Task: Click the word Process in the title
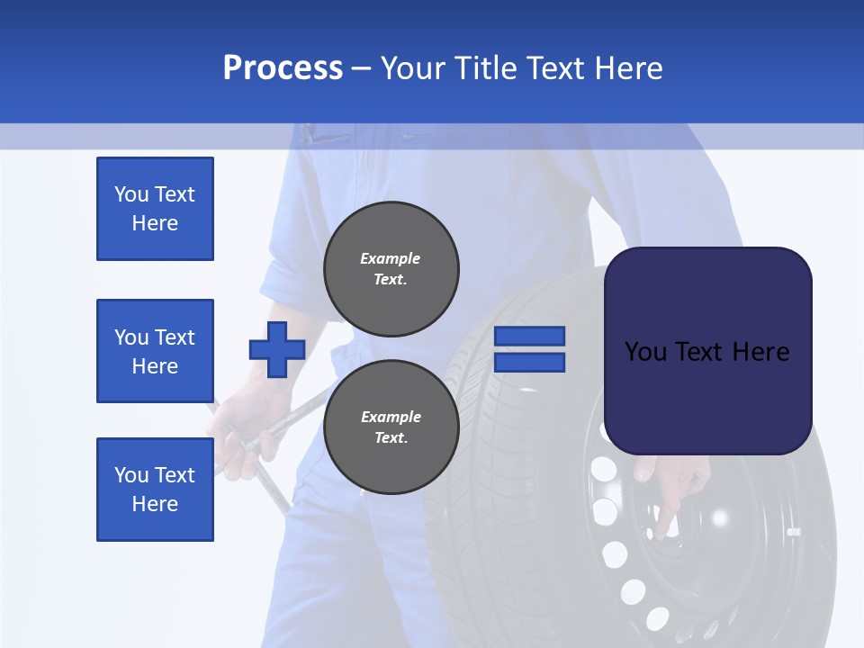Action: [283, 68]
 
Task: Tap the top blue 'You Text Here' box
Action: [155, 209]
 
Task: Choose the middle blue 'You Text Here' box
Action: [155, 351]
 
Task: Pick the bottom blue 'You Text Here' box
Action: [155, 490]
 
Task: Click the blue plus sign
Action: [277, 349]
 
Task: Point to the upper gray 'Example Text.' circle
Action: [391, 264]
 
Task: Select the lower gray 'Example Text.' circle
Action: [391, 427]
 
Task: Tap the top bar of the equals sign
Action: [530, 336]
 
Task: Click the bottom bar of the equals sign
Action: [530, 362]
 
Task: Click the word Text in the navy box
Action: [707, 351]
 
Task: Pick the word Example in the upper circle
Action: [390, 258]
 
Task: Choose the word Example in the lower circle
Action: [391, 417]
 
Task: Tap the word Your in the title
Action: [415, 68]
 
